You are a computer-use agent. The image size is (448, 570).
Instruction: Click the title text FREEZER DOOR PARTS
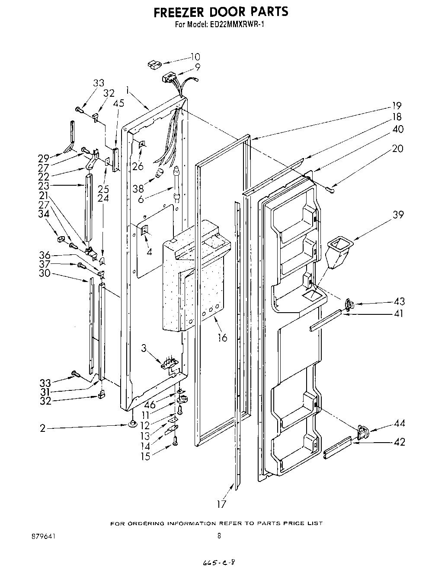221,12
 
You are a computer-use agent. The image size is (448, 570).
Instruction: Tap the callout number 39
398,215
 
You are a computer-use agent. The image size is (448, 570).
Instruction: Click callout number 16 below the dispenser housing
222,337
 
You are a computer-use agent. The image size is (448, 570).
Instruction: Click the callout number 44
399,423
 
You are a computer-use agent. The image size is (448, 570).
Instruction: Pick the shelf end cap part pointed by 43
349,305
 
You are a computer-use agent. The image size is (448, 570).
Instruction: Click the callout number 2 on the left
42,428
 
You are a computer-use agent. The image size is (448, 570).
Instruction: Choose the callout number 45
118,103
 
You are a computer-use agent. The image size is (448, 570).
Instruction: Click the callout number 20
397,149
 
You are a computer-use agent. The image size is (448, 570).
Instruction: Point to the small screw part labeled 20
331,188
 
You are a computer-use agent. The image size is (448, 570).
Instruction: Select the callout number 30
44,273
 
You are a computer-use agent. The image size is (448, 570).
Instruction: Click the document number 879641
42,536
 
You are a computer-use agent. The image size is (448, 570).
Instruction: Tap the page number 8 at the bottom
219,536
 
